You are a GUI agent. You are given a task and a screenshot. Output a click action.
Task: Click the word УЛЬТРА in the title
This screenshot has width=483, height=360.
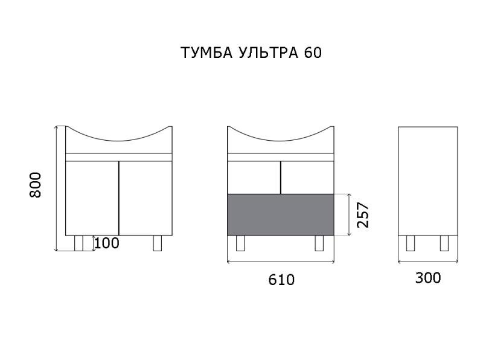(x=266, y=53)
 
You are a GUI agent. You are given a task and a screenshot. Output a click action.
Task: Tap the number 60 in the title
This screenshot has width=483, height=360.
(x=313, y=53)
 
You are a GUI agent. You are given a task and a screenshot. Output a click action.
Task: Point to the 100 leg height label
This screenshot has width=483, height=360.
(x=107, y=243)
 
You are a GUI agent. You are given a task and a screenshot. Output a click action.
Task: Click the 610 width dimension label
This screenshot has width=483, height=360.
(x=281, y=280)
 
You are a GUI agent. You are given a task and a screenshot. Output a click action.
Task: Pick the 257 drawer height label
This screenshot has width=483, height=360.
(x=363, y=214)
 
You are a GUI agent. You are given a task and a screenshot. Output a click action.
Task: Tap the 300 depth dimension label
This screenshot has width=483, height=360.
(x=428, y=278)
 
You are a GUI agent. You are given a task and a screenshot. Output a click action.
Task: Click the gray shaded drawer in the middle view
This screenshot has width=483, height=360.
(x=281, y=214)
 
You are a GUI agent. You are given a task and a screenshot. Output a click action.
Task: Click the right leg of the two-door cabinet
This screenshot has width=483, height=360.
(x=159, y=243)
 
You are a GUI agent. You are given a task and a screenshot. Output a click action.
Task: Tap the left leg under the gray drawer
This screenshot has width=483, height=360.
(x=240, y=243)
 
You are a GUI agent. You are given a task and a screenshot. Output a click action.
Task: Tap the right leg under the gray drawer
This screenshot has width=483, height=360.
(x=320, y=243)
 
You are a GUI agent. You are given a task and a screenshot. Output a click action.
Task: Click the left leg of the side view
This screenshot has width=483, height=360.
(x=411, y=243)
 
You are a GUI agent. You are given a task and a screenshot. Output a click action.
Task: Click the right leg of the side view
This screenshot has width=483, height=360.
(x=444, y=243)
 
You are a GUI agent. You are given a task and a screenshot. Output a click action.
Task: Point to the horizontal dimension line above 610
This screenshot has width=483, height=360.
(x=281, y=263)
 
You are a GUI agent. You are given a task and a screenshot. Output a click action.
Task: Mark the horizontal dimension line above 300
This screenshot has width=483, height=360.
(x=428, y=262)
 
